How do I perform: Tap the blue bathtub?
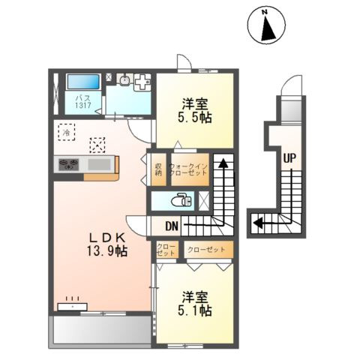[x=83, y=82]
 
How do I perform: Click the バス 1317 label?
[x=83, y=101]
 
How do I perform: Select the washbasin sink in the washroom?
[x=124, y=80]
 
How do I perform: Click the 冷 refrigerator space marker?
[x=67, y=132]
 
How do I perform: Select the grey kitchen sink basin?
[x=99, y=165]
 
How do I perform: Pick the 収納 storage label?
[x=158, y=169]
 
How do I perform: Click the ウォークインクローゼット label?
[x=189, y=169]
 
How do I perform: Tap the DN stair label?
[x=172, y=226]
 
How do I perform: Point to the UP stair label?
[x=289, y=158]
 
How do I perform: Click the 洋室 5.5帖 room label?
[x=195, y=110]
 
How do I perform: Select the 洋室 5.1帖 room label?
[x=195, y=303]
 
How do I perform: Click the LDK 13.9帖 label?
[x=107, y=244]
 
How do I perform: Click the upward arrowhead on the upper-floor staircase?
[x=223, y=163]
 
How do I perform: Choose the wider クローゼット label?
[x=206, y=250]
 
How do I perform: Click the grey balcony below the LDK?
[x=102, y=330]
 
